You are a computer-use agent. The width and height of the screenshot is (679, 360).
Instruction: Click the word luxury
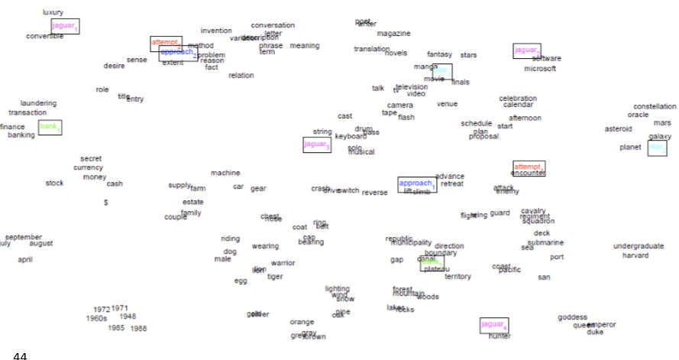point(53,12)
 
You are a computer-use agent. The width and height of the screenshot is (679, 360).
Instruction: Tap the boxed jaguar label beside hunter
point(493,325)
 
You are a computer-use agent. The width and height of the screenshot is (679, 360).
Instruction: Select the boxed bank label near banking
point(50,127)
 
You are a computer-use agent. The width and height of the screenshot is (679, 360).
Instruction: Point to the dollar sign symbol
point(105,203)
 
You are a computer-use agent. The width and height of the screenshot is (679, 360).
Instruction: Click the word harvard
point(635,255)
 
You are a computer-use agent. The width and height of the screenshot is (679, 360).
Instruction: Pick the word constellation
point(655,106)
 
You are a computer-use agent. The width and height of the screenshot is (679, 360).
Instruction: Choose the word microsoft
point(540,69)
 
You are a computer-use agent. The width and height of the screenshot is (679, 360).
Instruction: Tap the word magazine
point(393,34)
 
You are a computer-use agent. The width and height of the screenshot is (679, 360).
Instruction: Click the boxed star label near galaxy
point(657,148)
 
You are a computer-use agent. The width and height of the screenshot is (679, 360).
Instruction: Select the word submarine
point(545,242)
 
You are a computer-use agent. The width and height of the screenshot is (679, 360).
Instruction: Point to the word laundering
point(38,103)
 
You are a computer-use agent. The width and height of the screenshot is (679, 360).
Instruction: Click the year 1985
point(116,328)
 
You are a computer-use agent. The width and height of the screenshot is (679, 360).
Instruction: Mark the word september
point(24,237)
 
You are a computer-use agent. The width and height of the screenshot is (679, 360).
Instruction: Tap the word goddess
point(572,317)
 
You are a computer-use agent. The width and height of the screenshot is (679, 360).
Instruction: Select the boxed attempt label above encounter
point(528,167)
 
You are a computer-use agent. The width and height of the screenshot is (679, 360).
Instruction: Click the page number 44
point(20,355)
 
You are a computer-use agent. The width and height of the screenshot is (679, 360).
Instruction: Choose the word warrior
point(283,263)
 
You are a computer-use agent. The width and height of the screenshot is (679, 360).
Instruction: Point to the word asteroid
point(618,129)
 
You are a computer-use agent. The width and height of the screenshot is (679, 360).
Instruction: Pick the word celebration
point(518,98)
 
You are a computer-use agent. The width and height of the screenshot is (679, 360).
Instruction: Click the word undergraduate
point(639,246)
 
